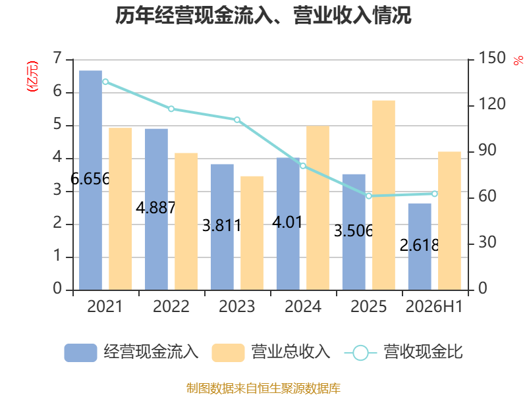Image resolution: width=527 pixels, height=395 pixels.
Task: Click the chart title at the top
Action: click(x=263, y=15)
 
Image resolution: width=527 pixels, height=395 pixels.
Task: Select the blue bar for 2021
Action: click(x=90, y=180)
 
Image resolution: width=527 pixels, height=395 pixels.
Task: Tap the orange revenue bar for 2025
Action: click(x=383, y=195)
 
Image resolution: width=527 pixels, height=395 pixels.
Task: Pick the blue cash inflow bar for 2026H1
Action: click(x=420, y=247)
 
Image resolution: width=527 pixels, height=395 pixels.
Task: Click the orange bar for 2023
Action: click(x=252, y=233)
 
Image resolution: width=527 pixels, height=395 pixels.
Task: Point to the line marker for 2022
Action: click(x=171, y=109)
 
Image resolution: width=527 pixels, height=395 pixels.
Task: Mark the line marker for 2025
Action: click(x=369, y=196)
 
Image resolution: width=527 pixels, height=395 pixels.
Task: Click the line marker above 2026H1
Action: click(x=435, y=194)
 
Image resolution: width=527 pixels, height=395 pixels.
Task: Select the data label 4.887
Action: click(x=155, y=208)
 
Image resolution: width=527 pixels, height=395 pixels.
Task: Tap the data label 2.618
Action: click(x=419, y=246)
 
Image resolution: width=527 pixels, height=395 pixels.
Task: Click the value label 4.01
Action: click(x=287, y=223)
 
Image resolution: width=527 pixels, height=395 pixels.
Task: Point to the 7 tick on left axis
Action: click(x=57, y=58)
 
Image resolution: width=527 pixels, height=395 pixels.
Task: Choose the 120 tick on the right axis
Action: click(x=491, y=104)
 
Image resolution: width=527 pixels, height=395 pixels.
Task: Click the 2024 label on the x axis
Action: click(x=303, y=306)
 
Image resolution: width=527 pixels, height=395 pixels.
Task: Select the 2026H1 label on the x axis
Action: click(x=434, y=306)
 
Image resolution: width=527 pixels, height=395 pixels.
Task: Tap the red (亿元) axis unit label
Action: click(x=32, y=76)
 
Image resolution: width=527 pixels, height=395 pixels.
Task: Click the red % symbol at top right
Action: click(x=518, y=61)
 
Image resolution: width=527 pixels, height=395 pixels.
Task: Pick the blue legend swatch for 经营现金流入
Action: click(x=80, y=353)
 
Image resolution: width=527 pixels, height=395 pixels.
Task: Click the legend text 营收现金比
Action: click(x=423, y=352)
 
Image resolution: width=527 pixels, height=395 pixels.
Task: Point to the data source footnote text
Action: click(x=263, y=388)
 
